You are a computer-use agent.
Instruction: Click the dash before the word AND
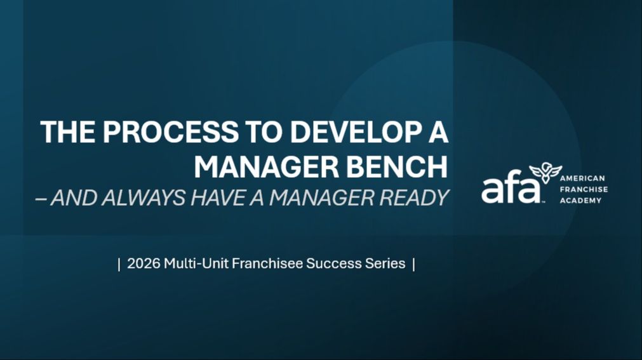tap(41, 198)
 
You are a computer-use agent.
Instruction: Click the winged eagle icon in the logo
tap(545, 173)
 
